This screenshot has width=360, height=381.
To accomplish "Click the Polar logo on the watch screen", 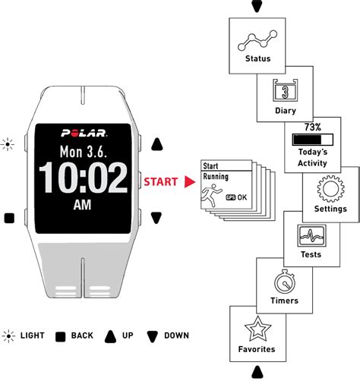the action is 84,133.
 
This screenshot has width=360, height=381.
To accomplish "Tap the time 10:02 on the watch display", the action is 84,178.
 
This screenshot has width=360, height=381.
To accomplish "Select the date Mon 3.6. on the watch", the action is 84,152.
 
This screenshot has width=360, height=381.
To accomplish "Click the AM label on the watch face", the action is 82,205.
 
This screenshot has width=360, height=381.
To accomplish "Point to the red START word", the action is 161,182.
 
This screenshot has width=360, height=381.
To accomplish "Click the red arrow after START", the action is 189,182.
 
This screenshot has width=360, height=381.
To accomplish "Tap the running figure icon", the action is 211,195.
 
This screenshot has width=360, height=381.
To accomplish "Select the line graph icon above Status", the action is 257,40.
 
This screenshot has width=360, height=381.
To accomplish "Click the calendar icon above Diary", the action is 285,90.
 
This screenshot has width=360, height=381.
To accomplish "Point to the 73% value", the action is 313,127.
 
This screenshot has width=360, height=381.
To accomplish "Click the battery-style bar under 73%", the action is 313,140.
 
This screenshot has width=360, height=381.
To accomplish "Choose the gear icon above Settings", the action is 330,189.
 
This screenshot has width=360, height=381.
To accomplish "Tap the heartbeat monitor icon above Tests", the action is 311,235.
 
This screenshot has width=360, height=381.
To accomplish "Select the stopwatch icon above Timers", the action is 285,282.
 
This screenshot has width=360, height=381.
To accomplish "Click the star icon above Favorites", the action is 257,329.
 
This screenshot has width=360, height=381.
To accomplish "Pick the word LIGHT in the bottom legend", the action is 33,335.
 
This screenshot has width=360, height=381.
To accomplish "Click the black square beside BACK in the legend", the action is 60,337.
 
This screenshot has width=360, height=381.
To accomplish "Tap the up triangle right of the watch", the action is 157,144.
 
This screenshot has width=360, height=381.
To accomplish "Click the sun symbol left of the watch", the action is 8,144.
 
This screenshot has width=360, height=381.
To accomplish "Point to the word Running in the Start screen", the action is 216,177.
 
